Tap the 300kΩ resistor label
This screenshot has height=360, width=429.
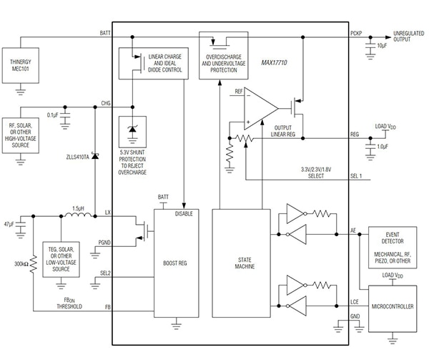pos(21,264)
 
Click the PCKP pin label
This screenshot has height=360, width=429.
pos(356,34)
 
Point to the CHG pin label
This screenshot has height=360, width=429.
pos(106,104)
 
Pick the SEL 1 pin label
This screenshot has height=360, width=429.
pos(355,176)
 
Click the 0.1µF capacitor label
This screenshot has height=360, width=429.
pos(52,114)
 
